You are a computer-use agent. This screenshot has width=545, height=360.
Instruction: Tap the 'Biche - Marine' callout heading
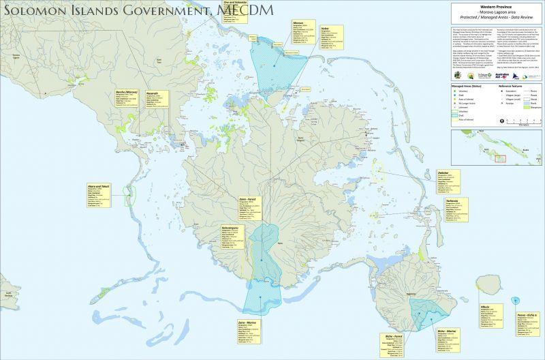(x=427, y=329)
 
